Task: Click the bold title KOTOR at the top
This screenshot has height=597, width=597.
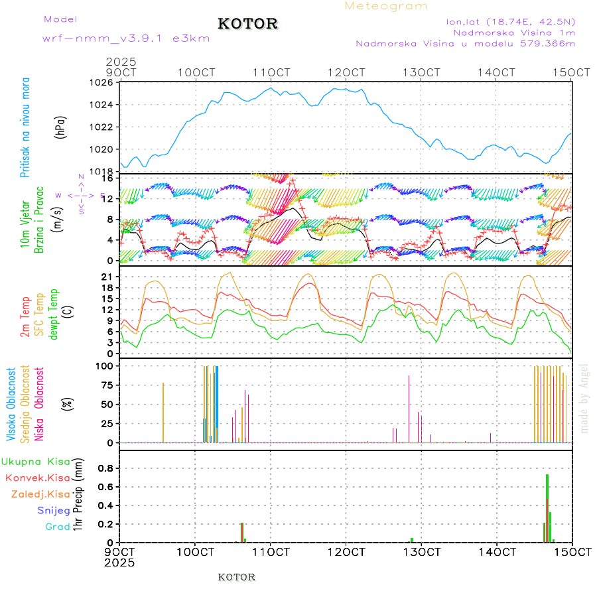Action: coord(247,24)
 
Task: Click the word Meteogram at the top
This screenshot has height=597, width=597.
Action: coord(386,6)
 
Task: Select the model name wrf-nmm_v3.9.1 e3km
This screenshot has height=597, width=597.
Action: coord(126,38)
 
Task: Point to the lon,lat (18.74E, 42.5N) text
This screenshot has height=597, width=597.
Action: coord(511,21)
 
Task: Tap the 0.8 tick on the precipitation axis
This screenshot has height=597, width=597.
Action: coord(107,468)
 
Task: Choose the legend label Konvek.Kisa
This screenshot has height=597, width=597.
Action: coord(37,478)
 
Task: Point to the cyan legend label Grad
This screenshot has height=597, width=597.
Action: coord(57,527)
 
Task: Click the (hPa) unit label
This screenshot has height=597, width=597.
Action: coord(60,127)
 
